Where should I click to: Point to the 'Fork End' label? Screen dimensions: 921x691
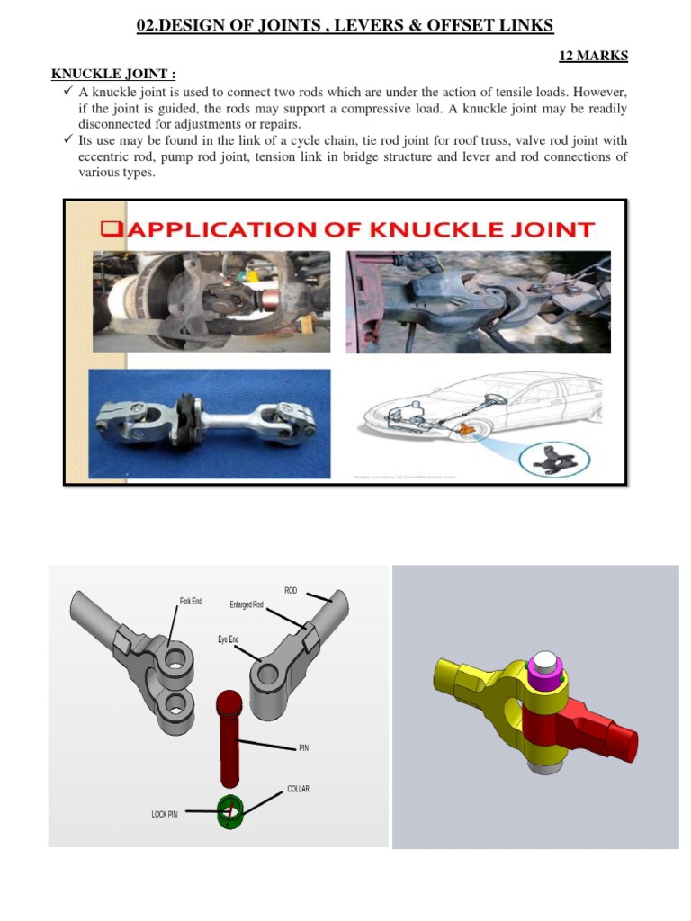(191, 601)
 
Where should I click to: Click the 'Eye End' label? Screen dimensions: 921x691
(228, 639)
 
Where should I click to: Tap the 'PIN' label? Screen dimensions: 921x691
(303, 747)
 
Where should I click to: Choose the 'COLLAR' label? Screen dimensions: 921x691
(298, 789)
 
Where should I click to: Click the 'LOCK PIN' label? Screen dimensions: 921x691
(165, 814)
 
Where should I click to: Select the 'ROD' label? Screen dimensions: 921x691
(291, 590)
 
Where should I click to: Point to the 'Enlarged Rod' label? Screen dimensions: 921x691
(247, 605)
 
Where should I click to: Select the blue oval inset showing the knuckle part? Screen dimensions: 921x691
(552, 459)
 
